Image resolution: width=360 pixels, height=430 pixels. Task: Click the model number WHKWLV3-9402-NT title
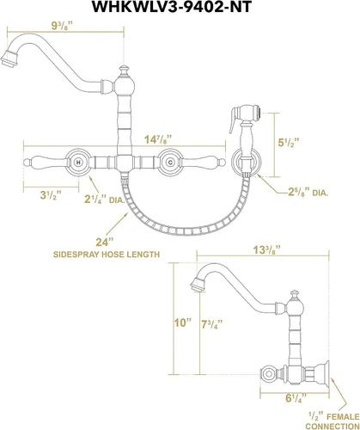[172, 7]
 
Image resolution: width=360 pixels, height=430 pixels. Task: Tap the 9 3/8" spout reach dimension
[61, 26]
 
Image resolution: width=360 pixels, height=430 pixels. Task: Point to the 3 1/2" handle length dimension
[51, 196]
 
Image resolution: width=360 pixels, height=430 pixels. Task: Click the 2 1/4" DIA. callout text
[105, 200]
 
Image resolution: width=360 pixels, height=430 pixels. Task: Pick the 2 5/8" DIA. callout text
[308, 192]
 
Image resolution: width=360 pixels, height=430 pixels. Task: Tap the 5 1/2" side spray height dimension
[289, 143]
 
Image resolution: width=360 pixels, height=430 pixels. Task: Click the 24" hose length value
[103, 243]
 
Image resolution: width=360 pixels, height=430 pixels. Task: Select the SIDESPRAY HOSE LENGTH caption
[107, 255]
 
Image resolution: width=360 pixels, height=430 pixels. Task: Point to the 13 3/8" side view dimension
[266, 250]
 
